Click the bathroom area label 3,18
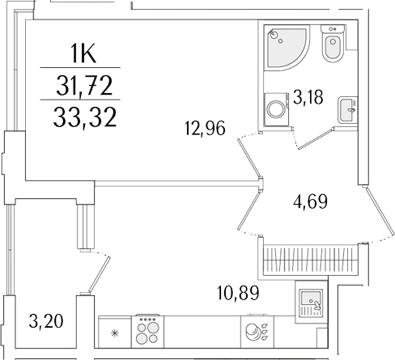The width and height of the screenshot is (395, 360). click(308, 99)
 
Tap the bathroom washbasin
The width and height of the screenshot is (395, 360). click(345, 105)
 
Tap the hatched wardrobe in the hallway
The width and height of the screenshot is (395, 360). click(308, 258)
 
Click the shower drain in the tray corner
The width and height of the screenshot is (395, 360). click(274, 34)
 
